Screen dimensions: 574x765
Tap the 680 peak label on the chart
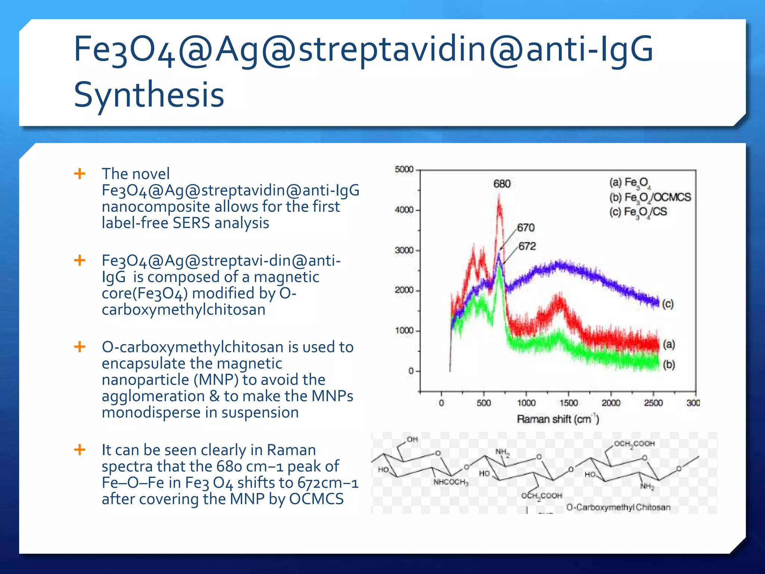tap(502, 184)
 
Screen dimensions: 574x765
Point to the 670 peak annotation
tap(526, 228)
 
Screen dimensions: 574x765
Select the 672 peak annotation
tap(527, 246)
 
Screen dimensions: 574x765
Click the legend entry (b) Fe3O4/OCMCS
tap(650, 197)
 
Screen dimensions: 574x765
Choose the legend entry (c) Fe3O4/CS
tap(638, 212)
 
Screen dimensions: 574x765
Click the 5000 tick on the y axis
tap(404, 170)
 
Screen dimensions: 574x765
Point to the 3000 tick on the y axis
tap(404, 250)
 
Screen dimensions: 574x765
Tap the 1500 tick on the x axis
tap(569, 403)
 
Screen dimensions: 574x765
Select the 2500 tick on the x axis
tap(653, 403)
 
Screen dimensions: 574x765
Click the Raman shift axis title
tap(558, 419)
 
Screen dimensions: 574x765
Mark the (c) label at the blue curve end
tap(668, 304)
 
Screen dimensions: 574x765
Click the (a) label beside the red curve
tap(669, 344)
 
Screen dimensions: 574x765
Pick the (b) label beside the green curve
tap(669, 364)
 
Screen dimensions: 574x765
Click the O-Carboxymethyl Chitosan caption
tap(618, 507)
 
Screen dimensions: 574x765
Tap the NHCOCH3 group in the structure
tap(450, 482)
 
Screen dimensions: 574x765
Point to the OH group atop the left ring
tap(412, 439)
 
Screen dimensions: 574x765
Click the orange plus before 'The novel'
tap(80, 174)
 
